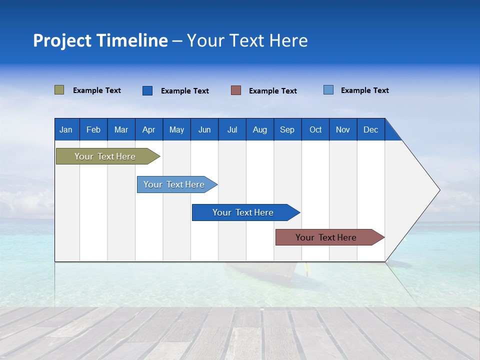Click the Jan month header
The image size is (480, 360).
click(66, 129)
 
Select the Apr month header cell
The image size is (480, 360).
click(149, 129)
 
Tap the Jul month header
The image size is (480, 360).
click(232, 129)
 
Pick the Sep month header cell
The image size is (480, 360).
click(287, 129)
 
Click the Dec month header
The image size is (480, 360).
click(370, 129)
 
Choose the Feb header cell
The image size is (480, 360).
click(93, 129)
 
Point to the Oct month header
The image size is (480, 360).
click(315, 129)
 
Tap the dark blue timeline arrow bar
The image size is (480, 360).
click(243, 212)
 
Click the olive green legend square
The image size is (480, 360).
click(59, 90)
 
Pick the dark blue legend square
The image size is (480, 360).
click(147, 90)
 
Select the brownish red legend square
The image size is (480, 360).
click(236, 90)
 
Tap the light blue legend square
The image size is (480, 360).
click(328, 90)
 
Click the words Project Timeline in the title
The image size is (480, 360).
click(100, 40)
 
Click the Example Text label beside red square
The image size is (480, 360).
click(272, 91)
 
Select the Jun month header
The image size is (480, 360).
click(204, 129)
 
